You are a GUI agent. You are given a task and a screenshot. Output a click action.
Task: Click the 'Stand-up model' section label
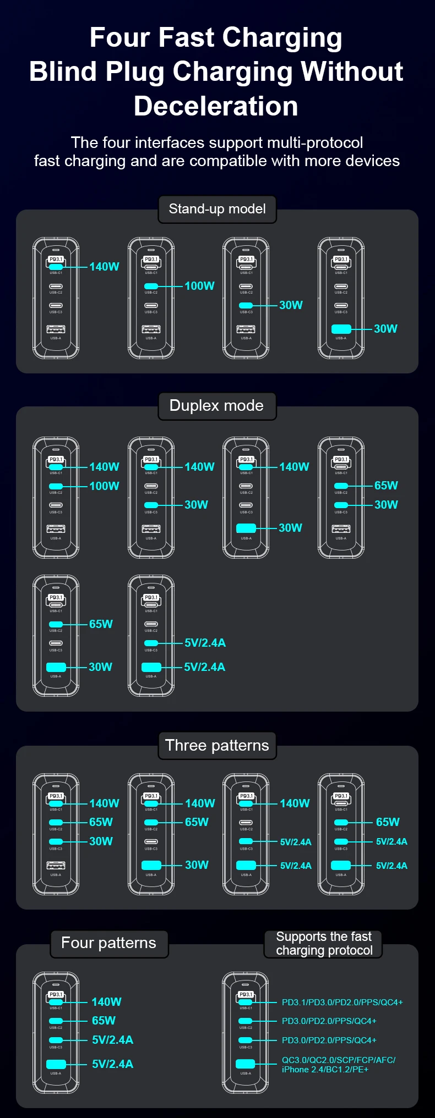click(217, 209)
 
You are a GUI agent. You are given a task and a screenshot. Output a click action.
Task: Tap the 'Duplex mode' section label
click(216, 406)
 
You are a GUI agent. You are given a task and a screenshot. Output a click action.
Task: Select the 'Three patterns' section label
click(217, 745)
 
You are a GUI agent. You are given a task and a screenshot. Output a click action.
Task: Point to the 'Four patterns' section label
click(108, 943)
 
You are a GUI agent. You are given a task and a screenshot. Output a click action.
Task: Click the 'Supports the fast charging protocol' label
click(324, 943)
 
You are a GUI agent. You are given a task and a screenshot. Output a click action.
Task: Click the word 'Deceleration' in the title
click(216, 106)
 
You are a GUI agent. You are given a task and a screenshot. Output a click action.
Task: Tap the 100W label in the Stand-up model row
click(199, 286)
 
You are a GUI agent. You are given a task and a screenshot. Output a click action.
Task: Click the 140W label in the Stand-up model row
click(104, 267)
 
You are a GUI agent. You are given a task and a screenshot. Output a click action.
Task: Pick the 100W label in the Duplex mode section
click(104, 486)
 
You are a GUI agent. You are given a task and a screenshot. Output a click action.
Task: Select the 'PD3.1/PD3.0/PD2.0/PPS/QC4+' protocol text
click(342, 1002)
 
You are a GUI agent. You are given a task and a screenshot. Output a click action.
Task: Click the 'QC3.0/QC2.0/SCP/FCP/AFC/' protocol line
click(338, 1060)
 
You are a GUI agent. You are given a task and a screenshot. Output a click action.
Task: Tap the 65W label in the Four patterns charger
click(104, 1021)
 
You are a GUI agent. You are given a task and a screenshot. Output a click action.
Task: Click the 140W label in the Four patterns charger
click(106, 1002)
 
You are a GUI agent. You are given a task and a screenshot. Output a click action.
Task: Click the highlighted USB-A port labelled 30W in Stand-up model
click(341, 329)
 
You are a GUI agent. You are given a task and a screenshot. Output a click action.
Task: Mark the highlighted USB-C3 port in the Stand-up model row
click(246, 305)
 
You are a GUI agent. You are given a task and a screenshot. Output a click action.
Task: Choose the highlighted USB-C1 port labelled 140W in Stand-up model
click(56, 267)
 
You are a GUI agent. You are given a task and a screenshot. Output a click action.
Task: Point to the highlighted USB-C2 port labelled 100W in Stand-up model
click(151, 286)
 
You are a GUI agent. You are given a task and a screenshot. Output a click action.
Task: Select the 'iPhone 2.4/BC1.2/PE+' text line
click(325, 1069)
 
